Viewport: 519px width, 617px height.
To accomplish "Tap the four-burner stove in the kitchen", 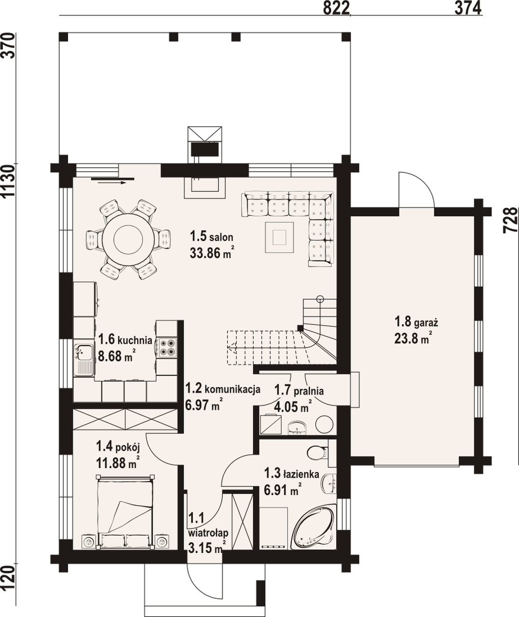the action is pyautogui.click(x=166, y=348).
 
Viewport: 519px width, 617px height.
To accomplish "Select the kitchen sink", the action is pyautogui.click(x=83, y=360).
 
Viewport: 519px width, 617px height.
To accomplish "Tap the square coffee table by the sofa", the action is pyautogui.click(x=279, y=237).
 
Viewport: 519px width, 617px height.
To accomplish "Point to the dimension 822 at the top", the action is pyautogui.click(x=336, y=8).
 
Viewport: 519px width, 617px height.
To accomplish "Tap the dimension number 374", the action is pyautogui.click(x=468, y=8).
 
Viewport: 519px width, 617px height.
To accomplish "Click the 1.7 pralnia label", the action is pyautogui.click(x=299, y=390).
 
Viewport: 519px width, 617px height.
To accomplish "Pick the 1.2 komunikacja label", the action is pyautogui.click(x=223, y=389).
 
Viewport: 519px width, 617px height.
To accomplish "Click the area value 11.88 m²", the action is pyautogui.click(x=118, y=463).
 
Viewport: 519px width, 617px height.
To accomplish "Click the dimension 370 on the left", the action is pyautogui.click(x=8, y=46).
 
